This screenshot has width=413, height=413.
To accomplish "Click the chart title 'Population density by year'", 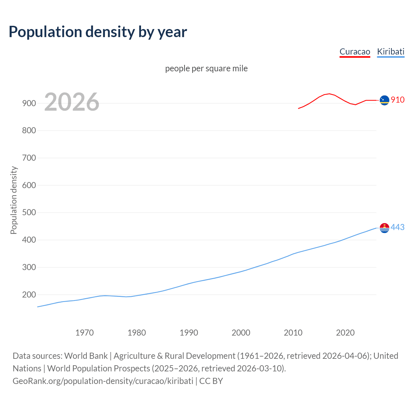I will pos(98,32).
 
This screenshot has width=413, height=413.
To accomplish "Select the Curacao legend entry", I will pos(355,52).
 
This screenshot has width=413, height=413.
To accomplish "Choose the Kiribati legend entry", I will pos(390,52).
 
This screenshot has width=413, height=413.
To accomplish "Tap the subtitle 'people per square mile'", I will pos(206,68).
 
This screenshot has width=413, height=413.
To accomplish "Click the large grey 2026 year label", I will pos(72,102).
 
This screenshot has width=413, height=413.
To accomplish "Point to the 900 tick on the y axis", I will pos(29,103).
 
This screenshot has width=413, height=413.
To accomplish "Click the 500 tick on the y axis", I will pos(29,213).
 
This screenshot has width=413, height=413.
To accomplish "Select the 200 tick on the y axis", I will pos(29,295).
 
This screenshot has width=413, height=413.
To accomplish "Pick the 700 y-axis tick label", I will pos(29,158).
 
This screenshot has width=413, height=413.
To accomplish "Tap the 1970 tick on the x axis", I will pos(85,333).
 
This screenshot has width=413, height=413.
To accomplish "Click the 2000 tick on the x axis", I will pos(241,333).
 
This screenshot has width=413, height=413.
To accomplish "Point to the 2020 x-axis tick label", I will pos(345,333).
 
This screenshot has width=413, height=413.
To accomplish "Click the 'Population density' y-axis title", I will pos(14,200).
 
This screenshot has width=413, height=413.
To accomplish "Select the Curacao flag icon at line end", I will pos(384,100).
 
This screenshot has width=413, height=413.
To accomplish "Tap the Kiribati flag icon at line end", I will pos(384,228).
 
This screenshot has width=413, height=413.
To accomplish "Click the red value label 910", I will pos(398,100).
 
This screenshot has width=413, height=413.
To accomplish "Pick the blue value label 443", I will pos(398,227).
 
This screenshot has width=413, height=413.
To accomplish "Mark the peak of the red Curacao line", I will pos(329,94).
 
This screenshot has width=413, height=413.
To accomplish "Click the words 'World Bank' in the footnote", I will pos(86,356).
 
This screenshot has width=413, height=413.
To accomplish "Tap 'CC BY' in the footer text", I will pos(211,381).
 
